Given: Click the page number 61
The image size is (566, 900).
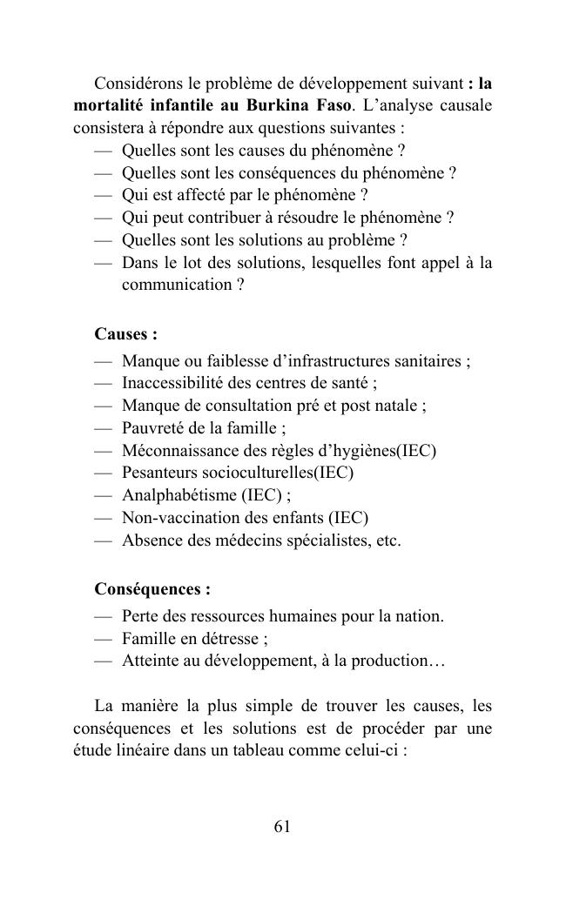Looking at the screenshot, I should (x=282, y=827).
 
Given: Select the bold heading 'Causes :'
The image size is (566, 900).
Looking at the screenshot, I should (x=125, y=334).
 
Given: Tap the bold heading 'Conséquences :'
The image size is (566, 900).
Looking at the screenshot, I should (x=152, y=589).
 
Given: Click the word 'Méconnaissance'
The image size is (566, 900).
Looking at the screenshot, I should (x=180, y=451).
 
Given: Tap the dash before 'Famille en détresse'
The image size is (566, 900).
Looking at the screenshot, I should (x=104, y=638).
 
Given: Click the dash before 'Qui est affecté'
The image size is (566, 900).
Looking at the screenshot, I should (x=104, y=195).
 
